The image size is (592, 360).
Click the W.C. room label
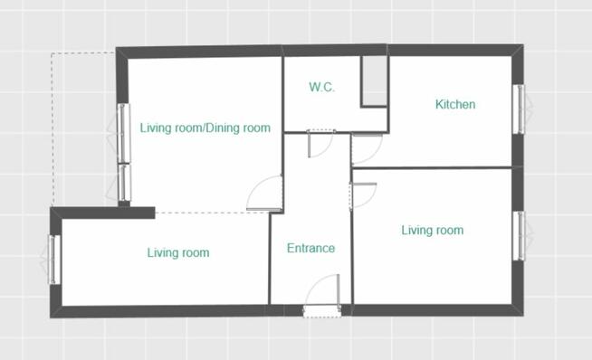321,87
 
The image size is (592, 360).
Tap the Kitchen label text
455,104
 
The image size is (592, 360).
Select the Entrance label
310,248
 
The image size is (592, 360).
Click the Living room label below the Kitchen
433,230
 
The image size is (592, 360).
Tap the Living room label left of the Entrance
178,252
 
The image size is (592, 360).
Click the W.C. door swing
321,144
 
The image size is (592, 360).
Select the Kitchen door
367,148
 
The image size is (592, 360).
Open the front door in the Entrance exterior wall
322,294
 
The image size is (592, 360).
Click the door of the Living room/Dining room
264,194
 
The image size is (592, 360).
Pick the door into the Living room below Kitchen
363,195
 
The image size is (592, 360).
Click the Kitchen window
520,109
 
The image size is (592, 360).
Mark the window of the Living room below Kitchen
520,236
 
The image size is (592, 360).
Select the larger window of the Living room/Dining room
123,133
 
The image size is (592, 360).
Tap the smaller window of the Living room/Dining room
123,183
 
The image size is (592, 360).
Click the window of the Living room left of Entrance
54,260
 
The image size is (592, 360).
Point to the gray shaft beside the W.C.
375,81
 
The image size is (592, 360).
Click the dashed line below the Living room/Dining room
212,213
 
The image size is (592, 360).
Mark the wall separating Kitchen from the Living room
432,167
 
